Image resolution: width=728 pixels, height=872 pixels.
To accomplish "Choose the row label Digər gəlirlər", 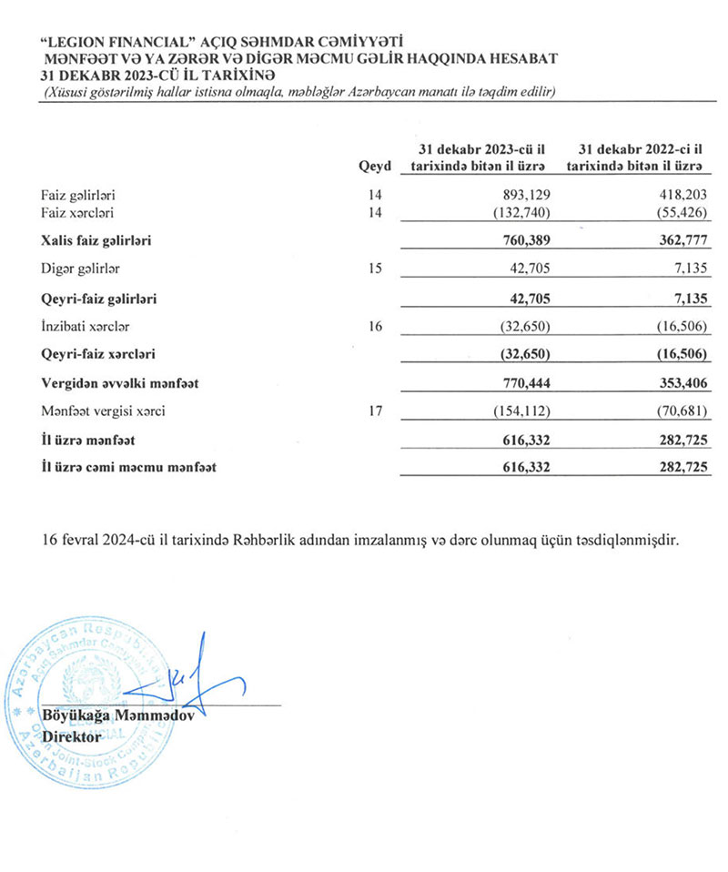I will (81, 269).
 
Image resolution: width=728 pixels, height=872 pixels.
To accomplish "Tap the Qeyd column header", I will (375, 167).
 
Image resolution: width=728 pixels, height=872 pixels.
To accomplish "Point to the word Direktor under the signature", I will (72, 735).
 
